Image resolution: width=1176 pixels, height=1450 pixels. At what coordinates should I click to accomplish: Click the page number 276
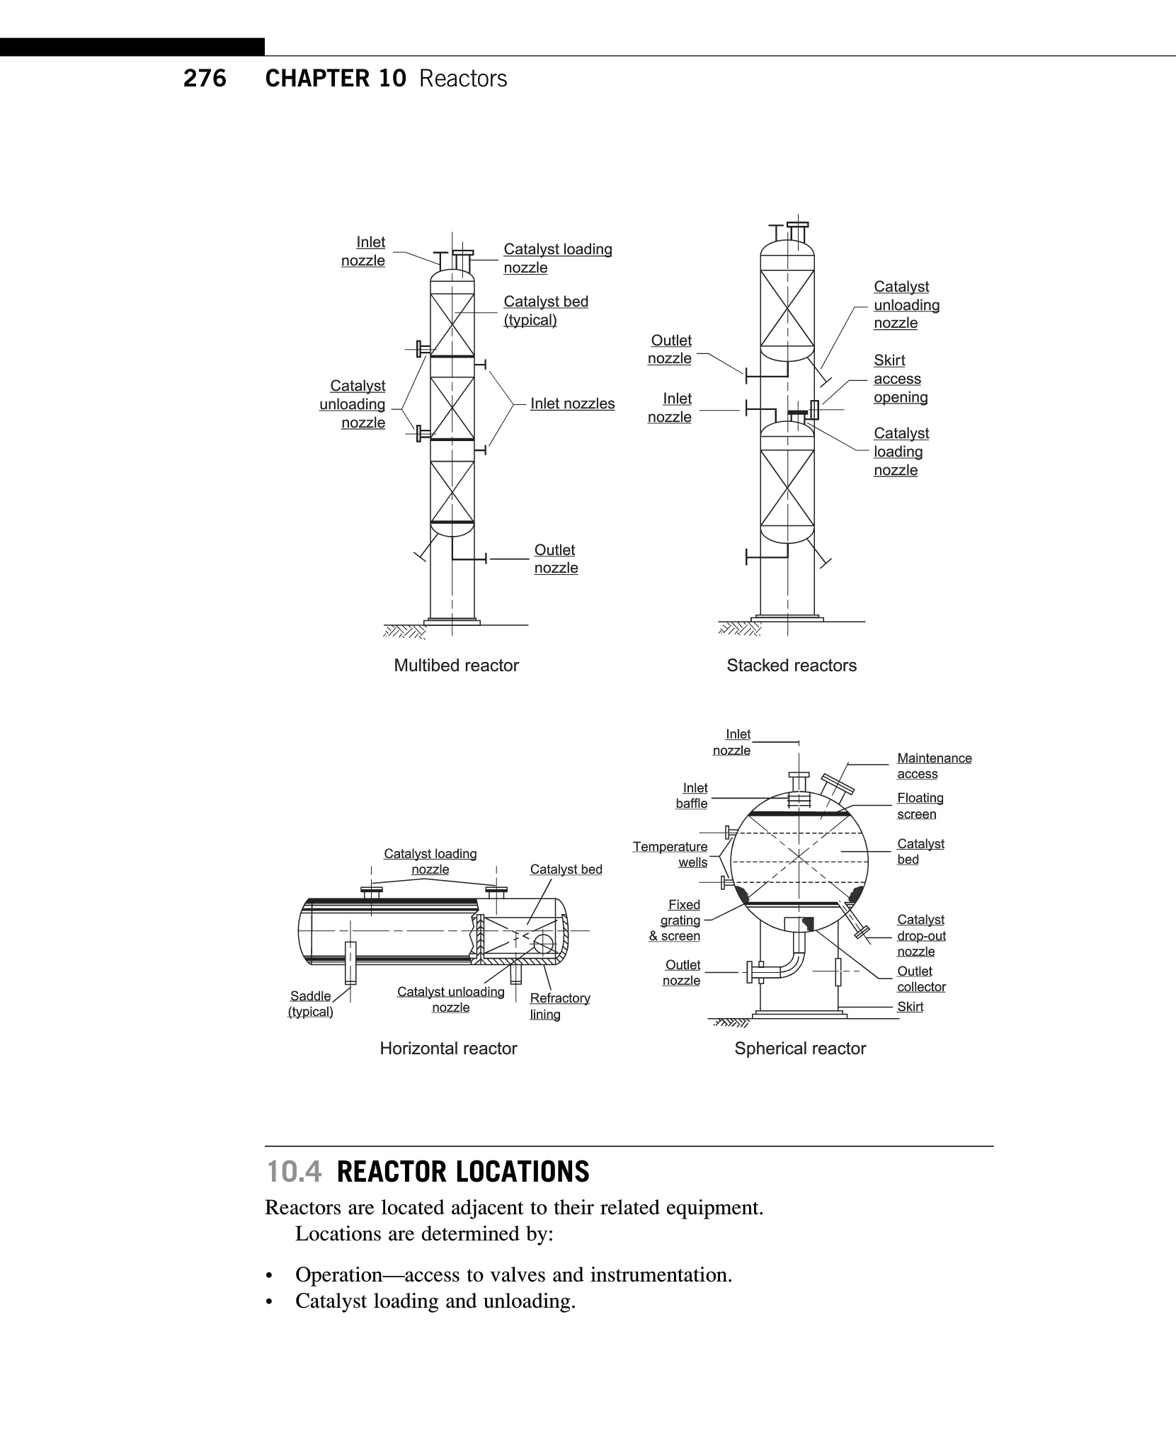pos(205,78)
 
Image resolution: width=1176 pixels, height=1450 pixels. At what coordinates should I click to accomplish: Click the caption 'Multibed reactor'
pos(456,666)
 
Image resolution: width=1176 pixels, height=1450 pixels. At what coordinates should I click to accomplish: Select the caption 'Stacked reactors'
pos(791,666)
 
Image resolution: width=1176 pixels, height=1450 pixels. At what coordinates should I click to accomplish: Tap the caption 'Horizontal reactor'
pos(448,1049)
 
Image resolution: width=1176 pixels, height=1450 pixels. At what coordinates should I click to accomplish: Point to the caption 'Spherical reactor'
pos(800,1049)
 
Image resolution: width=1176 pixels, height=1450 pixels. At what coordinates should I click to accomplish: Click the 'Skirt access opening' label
pos(900,379)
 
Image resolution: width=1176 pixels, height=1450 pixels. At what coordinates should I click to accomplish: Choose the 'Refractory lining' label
pos(559,1006)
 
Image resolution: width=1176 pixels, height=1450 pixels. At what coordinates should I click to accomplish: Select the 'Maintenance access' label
pos(934,766)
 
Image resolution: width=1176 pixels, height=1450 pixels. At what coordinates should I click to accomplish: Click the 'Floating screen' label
pos(920,806)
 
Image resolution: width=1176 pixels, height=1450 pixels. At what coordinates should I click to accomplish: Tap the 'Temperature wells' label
pos(670,855)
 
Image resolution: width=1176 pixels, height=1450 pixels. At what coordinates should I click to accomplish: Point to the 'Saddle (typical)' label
pos(310,1004)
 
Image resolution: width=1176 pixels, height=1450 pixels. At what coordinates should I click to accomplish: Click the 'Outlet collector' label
pos(921,979)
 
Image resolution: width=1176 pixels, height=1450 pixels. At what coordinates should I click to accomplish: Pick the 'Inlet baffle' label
pos(692,796)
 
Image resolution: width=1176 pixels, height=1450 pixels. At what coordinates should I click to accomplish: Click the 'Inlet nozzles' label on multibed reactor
pos(572,404)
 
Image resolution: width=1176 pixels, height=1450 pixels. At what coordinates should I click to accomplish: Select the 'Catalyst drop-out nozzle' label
pos(920,935)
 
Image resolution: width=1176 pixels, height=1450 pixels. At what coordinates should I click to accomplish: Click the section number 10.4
pos(294,1172)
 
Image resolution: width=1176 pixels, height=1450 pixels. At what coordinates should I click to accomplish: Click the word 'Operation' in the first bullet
pos(338,1275)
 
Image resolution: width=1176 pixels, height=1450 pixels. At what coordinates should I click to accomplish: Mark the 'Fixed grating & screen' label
pos(675,920)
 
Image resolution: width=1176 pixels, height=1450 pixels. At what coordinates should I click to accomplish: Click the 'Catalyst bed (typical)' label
pos(545,311)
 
